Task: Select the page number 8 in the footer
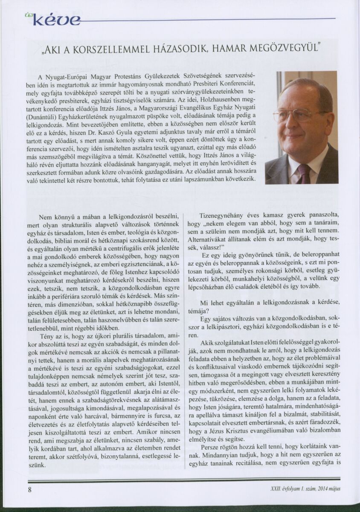pos(30,489)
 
